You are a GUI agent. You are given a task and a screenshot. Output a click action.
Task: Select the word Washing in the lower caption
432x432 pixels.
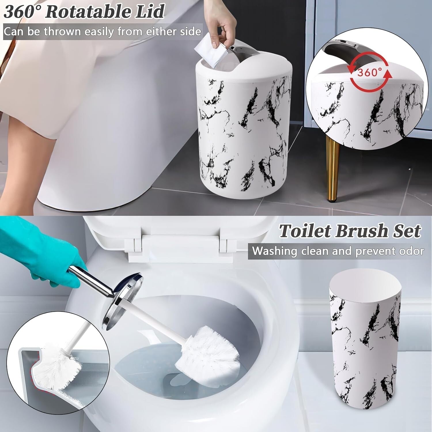click(274, 251)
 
